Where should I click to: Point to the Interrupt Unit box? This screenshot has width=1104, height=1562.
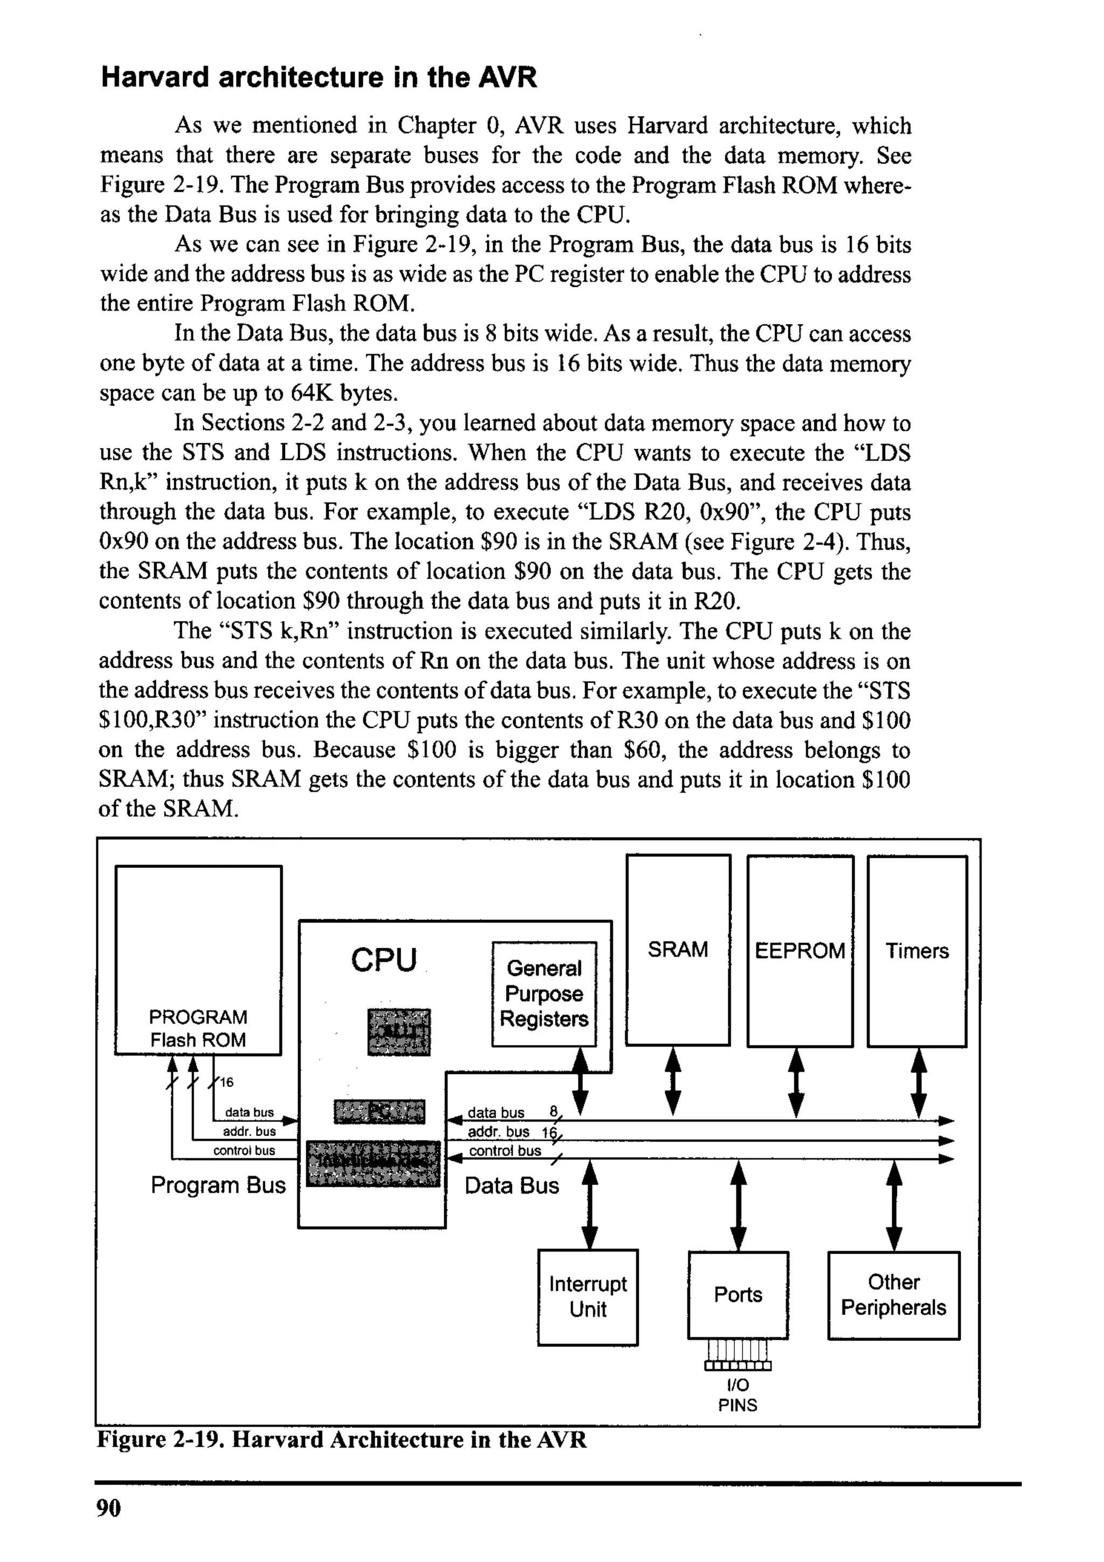[x=588, y=1297]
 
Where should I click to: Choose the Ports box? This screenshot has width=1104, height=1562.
[x=738, y=1295]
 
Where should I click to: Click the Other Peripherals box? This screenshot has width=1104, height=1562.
[x=893, y=1295]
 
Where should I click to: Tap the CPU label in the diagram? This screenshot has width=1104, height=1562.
[x=384, y=960]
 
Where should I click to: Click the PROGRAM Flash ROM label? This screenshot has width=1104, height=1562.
[x=198, y=1028]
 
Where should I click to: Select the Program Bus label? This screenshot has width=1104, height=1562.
[x=218, y=1185]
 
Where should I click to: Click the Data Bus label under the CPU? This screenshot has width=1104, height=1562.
[x=512, y=1186]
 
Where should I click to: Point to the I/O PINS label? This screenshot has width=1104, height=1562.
[x=737, y=1395]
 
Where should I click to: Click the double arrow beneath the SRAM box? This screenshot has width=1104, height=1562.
[x=673, y=1082]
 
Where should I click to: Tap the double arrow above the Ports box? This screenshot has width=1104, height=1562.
[x=738, y=1206]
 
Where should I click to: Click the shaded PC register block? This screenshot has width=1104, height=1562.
[x=379, y=1112]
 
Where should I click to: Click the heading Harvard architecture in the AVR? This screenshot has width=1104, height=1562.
[x=319, y=77]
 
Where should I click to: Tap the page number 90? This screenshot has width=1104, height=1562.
[x=108, y=1508]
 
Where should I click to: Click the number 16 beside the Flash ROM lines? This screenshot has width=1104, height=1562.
[x=226, y=1082]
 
